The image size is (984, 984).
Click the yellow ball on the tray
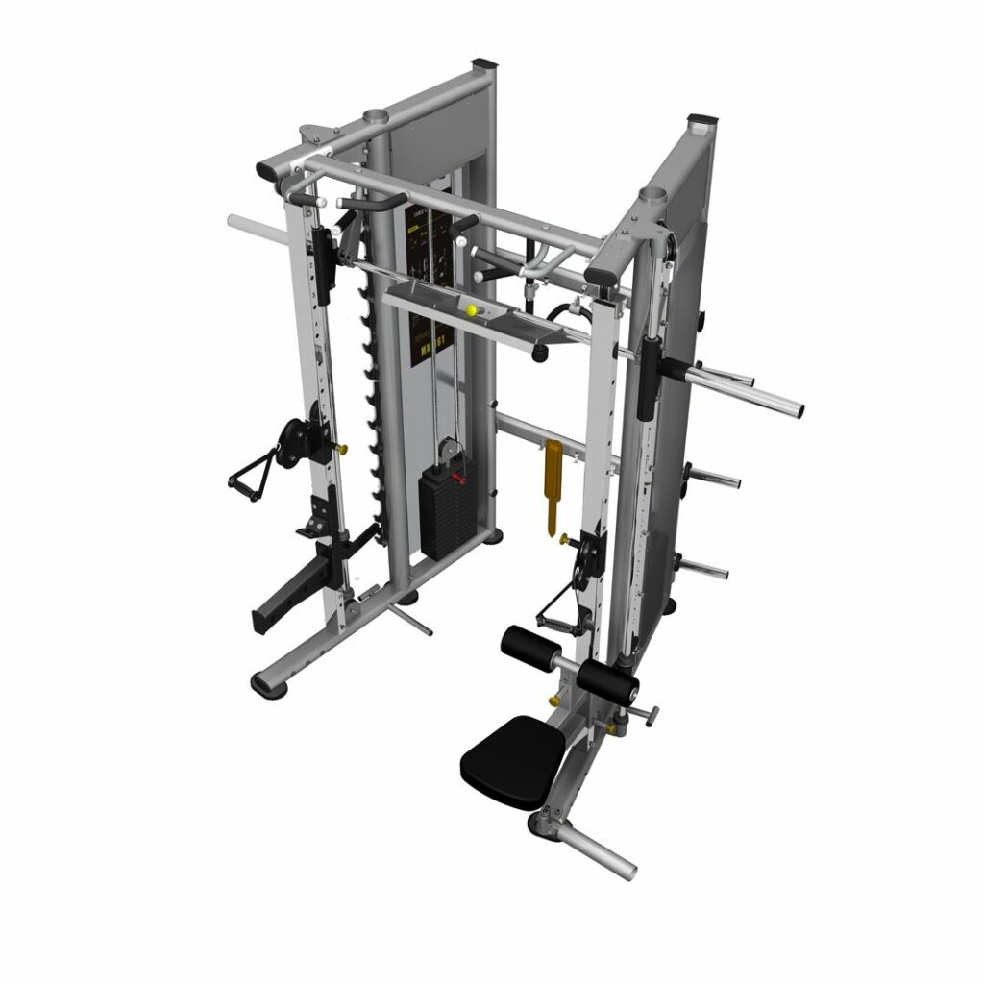pyautogui.click(x=472, y=309)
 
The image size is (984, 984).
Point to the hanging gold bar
pyautogui.click(x=553, y=485)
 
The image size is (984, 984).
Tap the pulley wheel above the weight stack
pyautogui.click(x=448, y=452)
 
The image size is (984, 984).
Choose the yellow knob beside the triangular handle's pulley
pyautogui.click(x=342, y=448)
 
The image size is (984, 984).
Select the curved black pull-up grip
pyautogui.click(x=369, y=203)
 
